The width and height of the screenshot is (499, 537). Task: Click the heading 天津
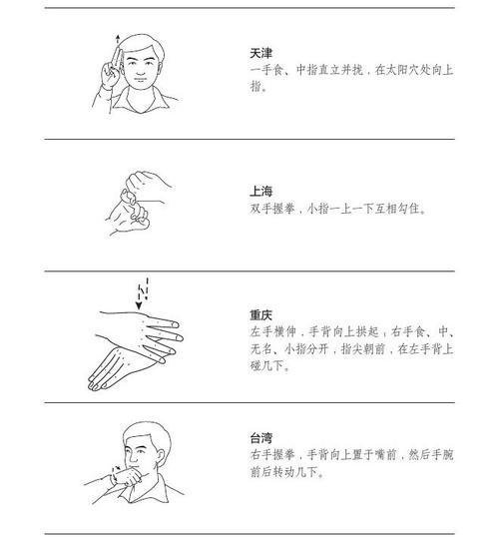(261, 52)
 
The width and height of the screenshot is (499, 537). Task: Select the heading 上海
(261, 191)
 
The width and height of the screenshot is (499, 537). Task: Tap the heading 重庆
(261, 313)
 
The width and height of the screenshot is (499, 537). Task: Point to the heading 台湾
(261, 438)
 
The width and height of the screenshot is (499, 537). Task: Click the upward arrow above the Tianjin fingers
(118, 39)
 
